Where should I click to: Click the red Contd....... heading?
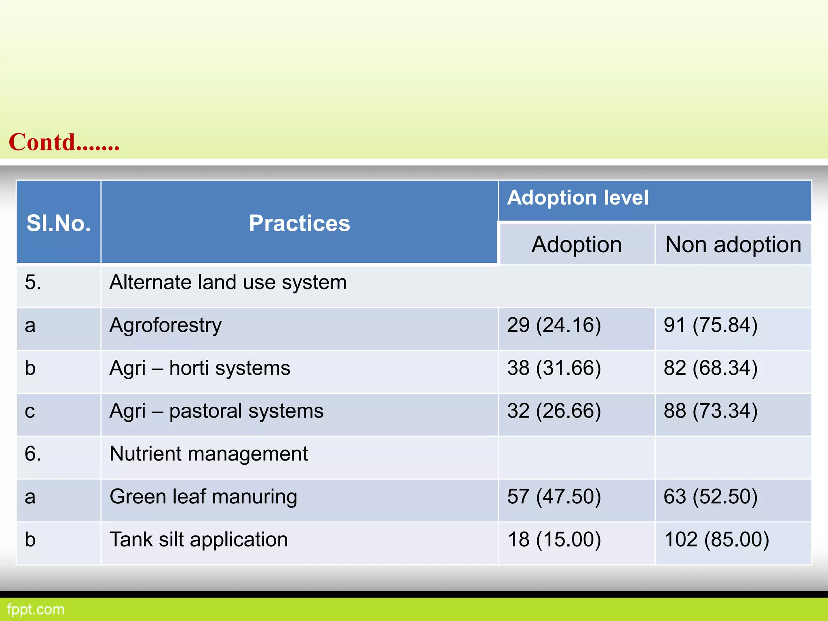click(x=64, y=142)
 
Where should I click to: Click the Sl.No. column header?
click(x=59, y=223)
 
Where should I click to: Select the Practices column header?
click(x=299, y=223)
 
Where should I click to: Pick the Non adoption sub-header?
click(x=733, y=245)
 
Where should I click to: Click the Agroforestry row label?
click(x=165, y=325)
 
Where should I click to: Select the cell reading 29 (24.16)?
click(x=554, y=325)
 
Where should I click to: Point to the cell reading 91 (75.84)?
click(x=710, y=325)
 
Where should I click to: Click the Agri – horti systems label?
click(x=200, y=368)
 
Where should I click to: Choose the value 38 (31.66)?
click(x=554, y=368)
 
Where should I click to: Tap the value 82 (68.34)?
click(x=710, y=368)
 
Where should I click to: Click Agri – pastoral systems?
click(x=216, y=411)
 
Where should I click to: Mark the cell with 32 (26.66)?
click(x=554, y=411)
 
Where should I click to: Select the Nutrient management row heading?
click(x=209, y=454)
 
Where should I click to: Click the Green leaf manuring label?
click(x=203, y=496)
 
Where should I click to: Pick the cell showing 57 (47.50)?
click(x=554, y=496)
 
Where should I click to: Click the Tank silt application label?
click(x=199, y=539)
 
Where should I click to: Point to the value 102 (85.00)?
click(x=716, y=539)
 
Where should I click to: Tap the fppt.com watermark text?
click(x=36, y=609)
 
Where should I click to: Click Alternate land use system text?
click(x=228, y=282)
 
